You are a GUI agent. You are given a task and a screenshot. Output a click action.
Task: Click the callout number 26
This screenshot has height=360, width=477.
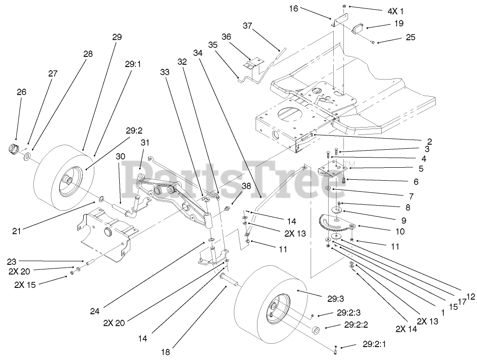tap(22, 92)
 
